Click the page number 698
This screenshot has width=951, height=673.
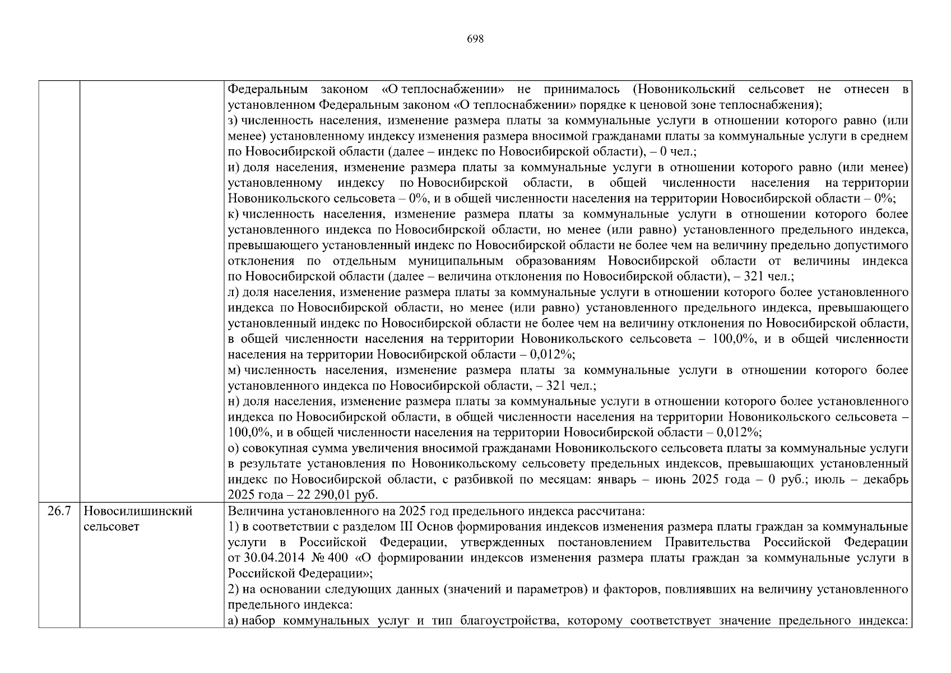coord(475,39)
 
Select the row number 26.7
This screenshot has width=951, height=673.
coord(59,511)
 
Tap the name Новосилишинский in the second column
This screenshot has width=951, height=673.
coord(138,511)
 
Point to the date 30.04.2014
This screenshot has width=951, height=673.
coord(271,558)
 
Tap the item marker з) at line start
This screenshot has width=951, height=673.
coord(234,121)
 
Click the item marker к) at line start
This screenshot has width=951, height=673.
coord(234,214)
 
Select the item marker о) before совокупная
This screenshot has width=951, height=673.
coord(234,448)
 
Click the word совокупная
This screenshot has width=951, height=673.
coord(271,448)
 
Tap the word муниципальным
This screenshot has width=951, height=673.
coord(446,261)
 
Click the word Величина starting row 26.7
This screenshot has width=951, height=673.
coord(250,511)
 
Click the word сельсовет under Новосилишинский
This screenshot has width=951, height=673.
coord(111,527)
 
